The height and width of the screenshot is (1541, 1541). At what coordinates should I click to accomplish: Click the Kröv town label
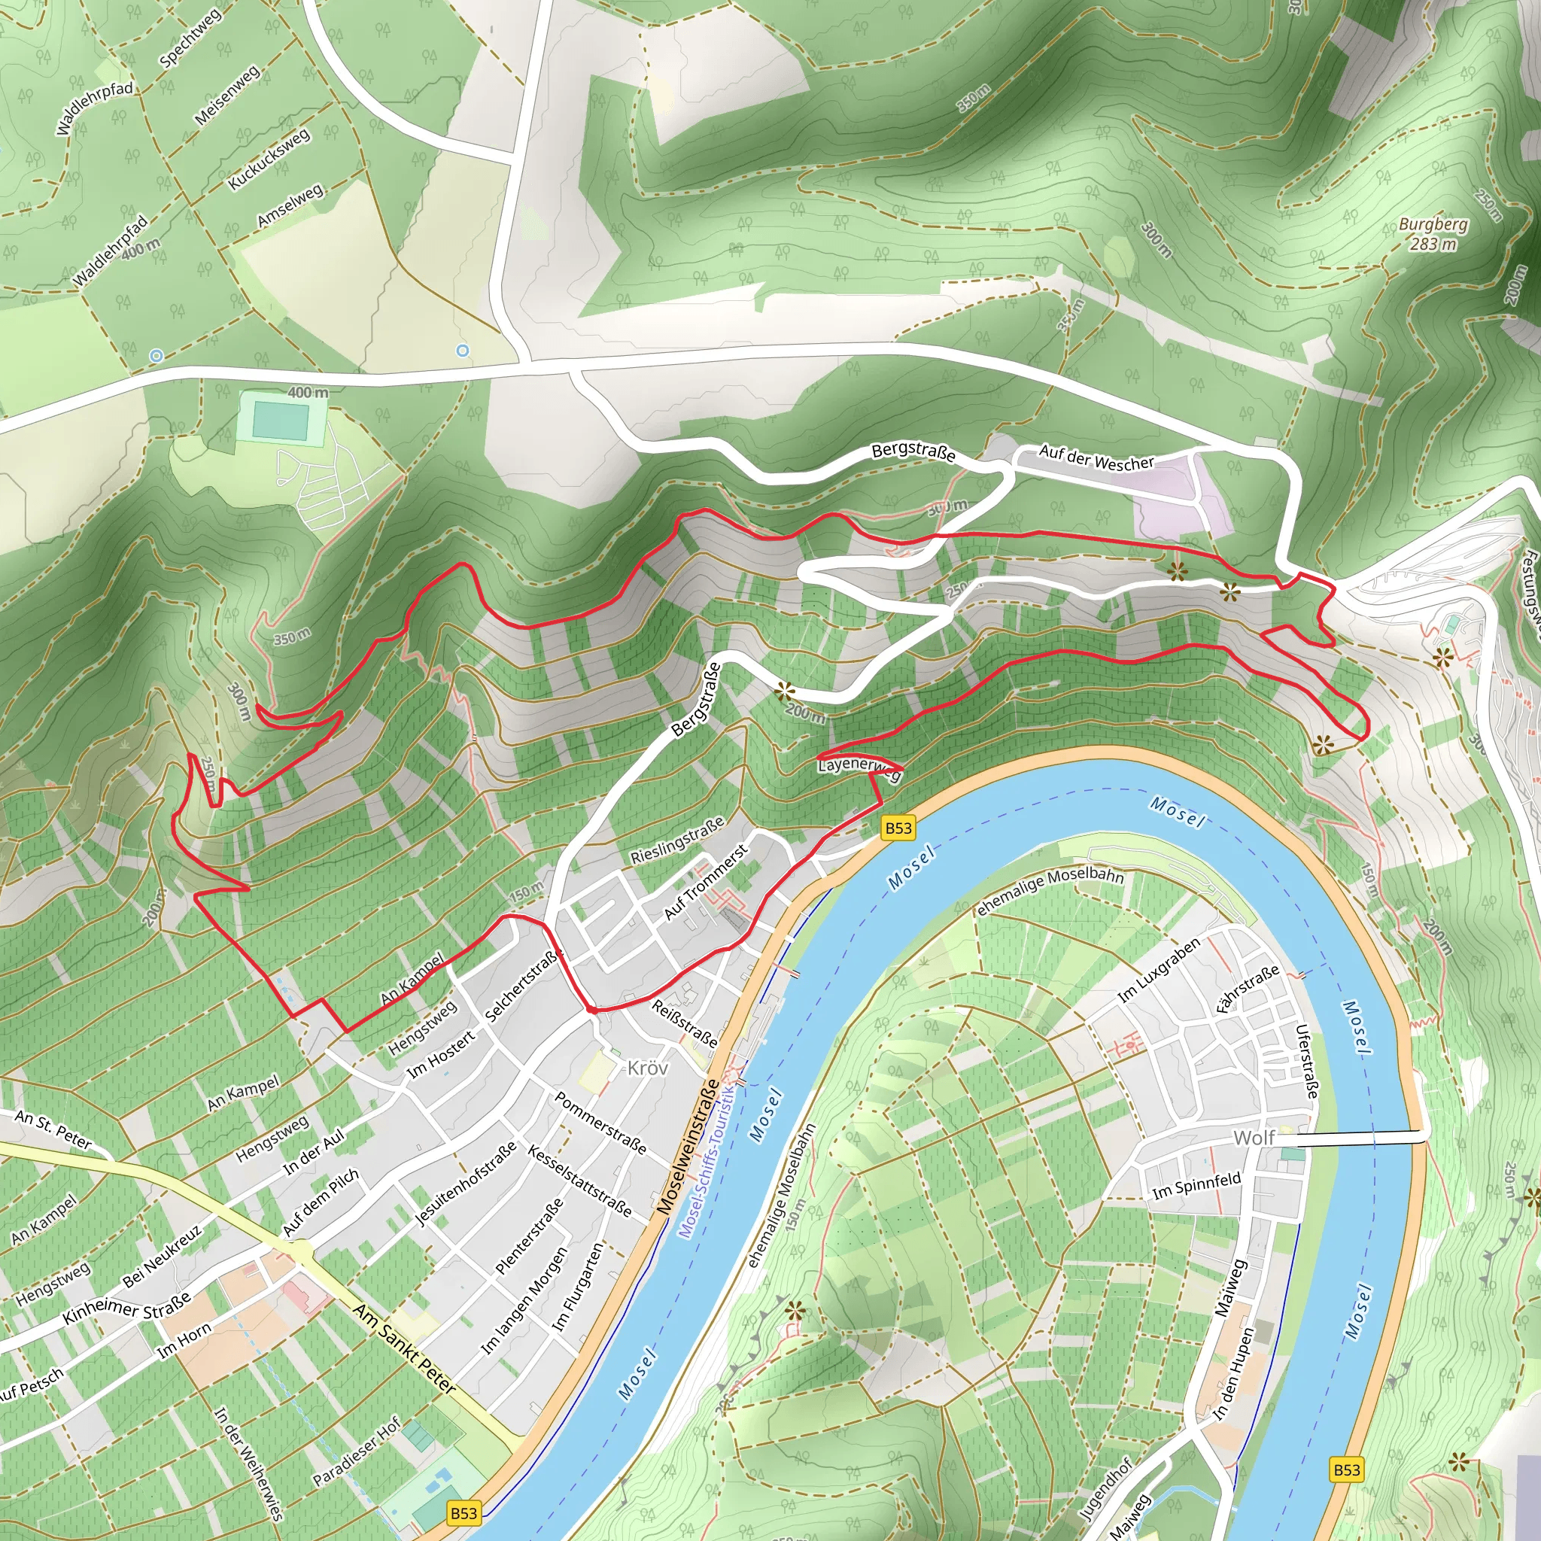[647, 1068]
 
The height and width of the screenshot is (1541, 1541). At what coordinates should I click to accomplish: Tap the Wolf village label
[1254, 1138]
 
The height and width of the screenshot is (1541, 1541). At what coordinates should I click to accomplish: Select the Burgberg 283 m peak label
[1433, 235]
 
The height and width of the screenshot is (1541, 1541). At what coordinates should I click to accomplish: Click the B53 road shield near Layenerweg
[898, 828]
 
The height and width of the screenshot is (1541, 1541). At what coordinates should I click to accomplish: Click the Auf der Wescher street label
[1096, 457]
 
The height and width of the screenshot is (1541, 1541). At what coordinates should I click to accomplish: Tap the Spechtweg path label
[190, 38]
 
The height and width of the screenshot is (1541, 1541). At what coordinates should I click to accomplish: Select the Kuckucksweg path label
[269, 160]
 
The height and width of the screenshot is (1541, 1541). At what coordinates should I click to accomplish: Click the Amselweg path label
[290, 205]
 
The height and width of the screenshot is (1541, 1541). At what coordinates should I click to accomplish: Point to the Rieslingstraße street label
[677, 840]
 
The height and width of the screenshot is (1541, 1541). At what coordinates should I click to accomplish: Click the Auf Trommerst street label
[706, 881]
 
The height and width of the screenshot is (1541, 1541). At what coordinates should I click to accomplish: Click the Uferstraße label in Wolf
[1306, 1062]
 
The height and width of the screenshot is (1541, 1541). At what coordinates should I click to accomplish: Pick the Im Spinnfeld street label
[1196, 1185]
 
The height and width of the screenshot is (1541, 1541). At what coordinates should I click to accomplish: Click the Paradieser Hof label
[357, 1451]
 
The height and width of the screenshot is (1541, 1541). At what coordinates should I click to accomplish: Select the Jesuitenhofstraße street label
[466, 1184]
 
